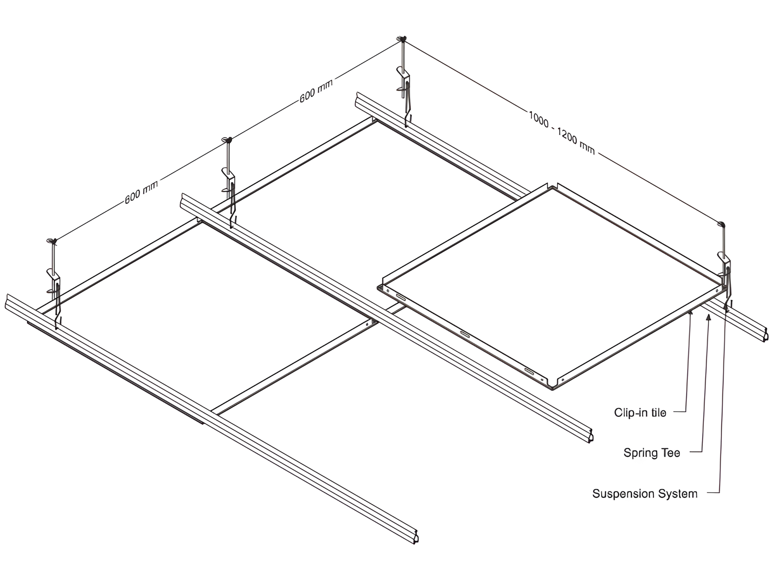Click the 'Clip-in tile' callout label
click(x=640, y=412)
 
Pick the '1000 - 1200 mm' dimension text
click(x=562, y=133)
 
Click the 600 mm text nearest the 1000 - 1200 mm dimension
click(x=316, y=91)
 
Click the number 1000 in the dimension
click(x=538, y=119)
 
